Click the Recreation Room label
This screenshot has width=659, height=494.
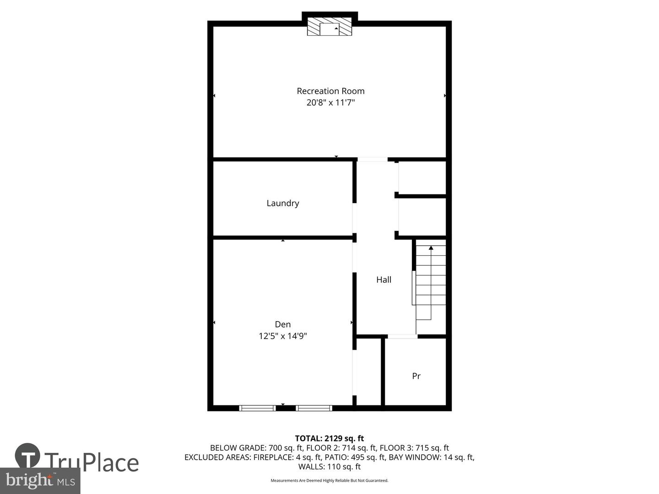[330, 91]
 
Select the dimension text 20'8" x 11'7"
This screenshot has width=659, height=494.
[330, 102]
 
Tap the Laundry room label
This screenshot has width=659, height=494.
[283, 203]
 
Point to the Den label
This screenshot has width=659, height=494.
[283, 324]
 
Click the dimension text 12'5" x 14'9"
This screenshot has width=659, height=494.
[283, 336]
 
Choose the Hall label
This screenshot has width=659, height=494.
[384, 279]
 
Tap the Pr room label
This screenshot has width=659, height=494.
[416, 376]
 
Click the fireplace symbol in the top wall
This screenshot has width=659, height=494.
[329, 27]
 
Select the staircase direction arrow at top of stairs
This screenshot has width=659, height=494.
[431, 248]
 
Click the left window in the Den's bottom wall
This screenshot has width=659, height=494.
[257, 408]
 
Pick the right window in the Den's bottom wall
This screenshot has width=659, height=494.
[313, 408]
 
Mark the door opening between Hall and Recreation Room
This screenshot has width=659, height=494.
[372, 159]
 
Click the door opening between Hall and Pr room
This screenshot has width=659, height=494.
[402, 337]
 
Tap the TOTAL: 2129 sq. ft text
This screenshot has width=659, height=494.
[329, 439]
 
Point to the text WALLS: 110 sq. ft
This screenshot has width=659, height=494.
[329, 467]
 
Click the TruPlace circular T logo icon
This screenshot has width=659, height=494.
[27, 456]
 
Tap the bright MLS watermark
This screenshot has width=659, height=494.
[40, 481]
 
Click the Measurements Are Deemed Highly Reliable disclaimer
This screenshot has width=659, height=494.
[329, 480]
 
